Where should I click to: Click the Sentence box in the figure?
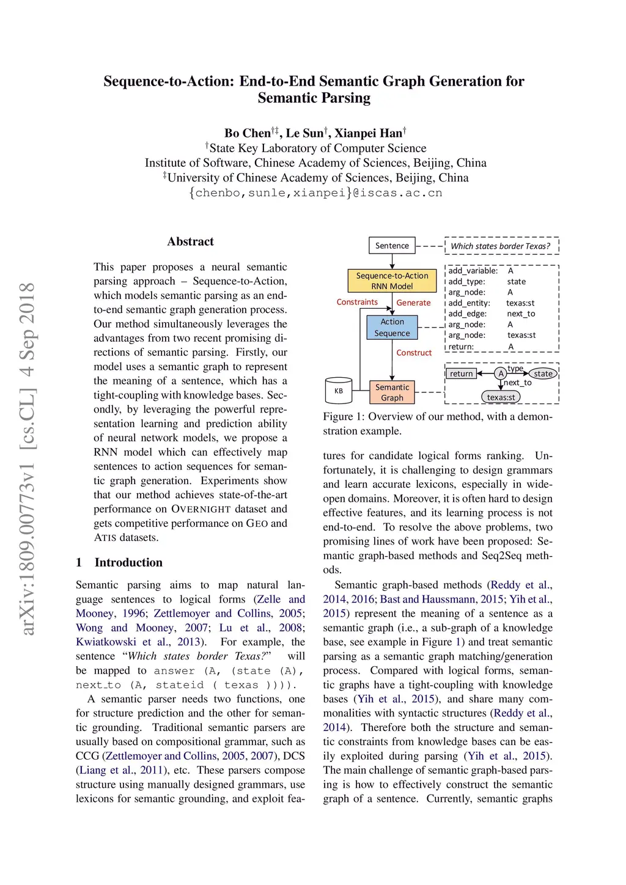click(392, 246)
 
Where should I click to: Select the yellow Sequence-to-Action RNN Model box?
click(392, 281)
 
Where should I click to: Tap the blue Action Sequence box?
click(392, 328)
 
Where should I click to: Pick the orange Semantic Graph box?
click(392, 392)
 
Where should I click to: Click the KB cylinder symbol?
click(338, 391)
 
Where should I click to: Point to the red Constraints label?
click(357, 302)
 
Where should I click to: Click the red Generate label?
click(413, 303)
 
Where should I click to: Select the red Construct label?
click(414, 353)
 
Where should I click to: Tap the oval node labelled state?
click(543, 373)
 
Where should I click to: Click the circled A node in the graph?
click(501, 373)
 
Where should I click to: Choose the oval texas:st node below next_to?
click(501, 397)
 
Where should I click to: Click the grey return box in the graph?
click(462, 373)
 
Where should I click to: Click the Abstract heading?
click(191, 241)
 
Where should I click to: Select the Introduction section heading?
click(128, 562)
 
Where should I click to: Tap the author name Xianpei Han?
click(369, 133)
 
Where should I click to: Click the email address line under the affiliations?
click(315, 193)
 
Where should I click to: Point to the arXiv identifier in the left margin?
click(28, 458)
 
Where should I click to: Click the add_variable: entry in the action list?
click(473, 271)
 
